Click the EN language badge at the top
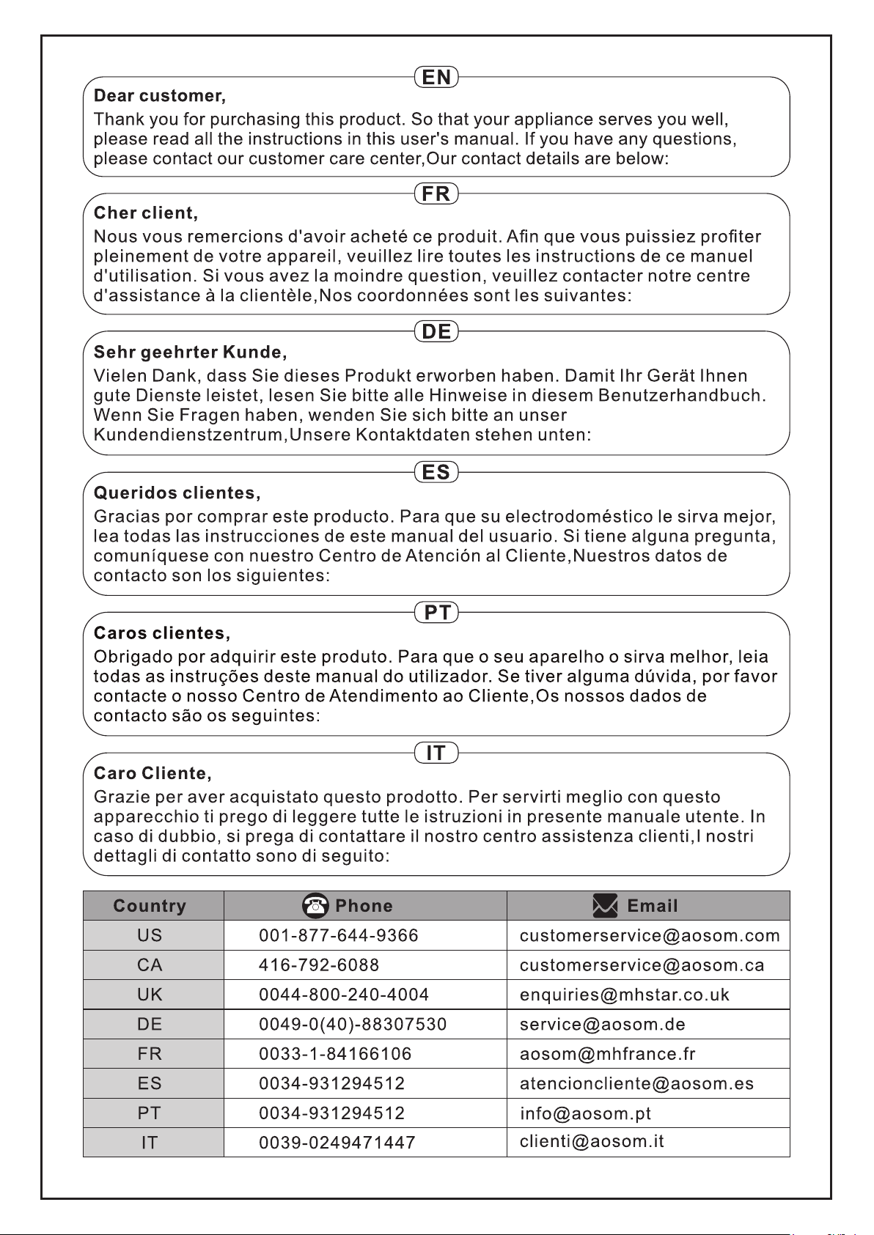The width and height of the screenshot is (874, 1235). [436, 77]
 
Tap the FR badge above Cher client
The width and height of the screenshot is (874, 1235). [436, 193]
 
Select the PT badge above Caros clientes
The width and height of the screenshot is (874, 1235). [436, 612]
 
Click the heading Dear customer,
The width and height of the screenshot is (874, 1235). [160, 96]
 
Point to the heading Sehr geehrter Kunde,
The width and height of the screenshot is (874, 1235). [190, 353]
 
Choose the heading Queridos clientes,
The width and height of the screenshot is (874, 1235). [177, 493]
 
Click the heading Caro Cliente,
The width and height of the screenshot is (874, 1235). [153, 774]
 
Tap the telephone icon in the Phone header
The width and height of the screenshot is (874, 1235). [315, 906]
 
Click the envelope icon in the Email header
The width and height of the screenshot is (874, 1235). [605, 906]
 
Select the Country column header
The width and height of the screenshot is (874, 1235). [150, 907]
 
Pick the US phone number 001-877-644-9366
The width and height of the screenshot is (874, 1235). [339, 936]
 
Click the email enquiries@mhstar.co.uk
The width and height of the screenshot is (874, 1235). [625, 995]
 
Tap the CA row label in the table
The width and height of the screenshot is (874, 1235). [150, 965]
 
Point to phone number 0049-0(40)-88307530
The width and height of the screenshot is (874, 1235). [353, 1025]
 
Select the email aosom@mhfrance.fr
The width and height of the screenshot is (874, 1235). [607, 1054]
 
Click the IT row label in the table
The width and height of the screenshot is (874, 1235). [150, 1143]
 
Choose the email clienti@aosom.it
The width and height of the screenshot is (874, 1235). [592, 1141]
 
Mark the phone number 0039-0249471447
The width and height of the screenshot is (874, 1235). [337, 1143]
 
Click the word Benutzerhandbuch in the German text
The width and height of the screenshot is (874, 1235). [681, 396]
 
